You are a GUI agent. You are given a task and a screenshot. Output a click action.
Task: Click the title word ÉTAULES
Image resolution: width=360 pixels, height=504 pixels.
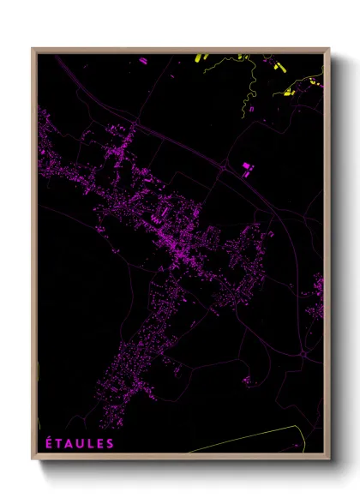pos(78,443)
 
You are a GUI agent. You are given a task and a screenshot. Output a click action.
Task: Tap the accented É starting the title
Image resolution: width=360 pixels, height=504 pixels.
pos(47,443)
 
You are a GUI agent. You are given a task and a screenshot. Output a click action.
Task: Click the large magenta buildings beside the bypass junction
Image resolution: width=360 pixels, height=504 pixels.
pos(248,168)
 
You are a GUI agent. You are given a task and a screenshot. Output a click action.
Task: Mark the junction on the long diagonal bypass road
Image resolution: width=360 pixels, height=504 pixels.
pos(225,169)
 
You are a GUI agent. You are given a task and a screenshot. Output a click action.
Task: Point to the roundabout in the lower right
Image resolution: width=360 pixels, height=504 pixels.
pos(303,351)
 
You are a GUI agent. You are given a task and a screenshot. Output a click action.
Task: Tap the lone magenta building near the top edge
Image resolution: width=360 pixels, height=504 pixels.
pos(141,62)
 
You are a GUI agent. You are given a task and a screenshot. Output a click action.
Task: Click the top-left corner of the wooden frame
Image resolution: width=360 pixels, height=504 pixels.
pos(33,49)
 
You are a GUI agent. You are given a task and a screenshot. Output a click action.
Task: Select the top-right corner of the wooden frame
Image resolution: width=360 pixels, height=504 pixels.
pos(328,49)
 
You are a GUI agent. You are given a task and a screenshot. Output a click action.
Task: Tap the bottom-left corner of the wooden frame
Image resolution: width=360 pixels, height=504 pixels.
pos(33,459)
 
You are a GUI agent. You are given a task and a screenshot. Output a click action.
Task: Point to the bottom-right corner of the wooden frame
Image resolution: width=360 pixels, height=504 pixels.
pos(328,459)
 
